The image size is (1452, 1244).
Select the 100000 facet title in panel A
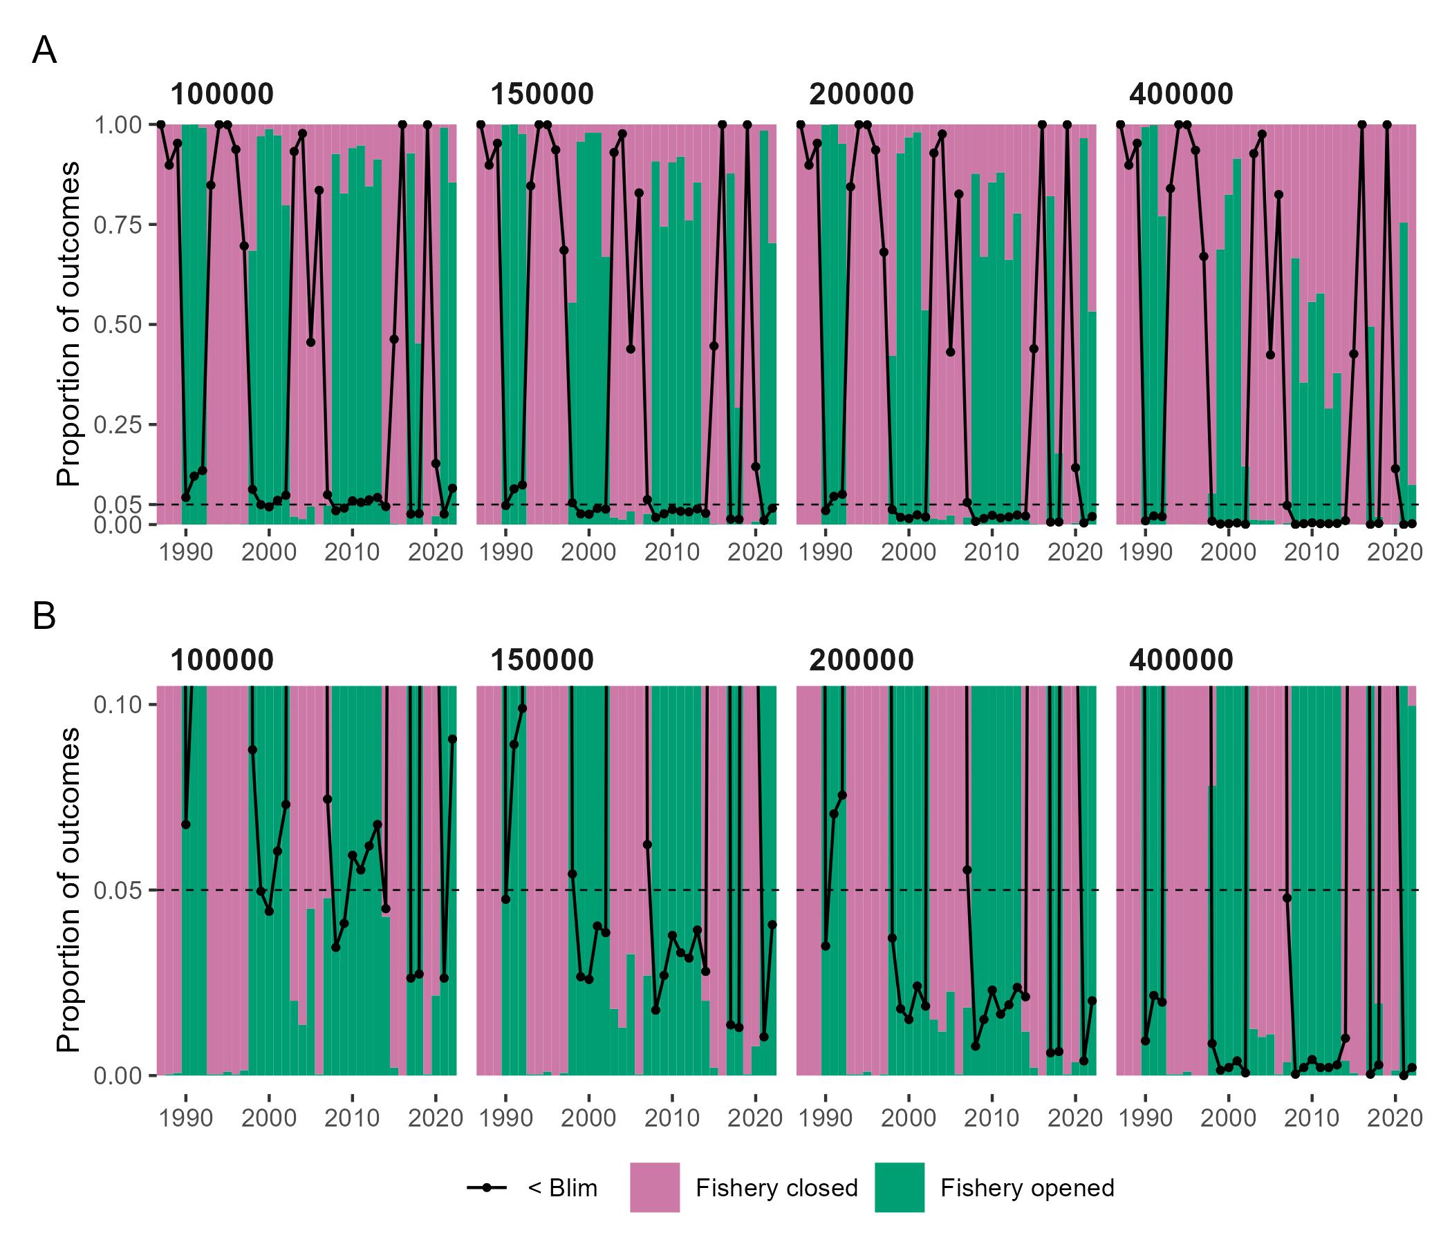tap(221, 95)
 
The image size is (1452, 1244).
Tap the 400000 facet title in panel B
tap(1181, 661)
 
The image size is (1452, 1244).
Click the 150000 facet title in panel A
tap(541, 95)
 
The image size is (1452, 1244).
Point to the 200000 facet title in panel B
tap(862, 661)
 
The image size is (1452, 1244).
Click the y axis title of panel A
tap(68, 324)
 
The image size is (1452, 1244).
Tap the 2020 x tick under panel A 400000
tap(1395, 552)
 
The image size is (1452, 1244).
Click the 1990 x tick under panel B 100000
tap(186, 1118)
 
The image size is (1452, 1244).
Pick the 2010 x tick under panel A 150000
tap(672, 552)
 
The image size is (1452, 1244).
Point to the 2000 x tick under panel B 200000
tap(909, 1118)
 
